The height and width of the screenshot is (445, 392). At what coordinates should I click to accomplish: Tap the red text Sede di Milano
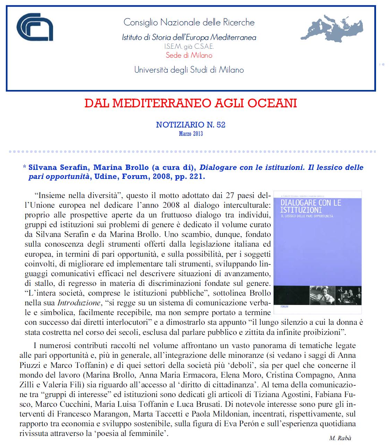pos(189,55)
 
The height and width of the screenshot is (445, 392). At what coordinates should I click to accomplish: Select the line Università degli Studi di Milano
pos(189,70)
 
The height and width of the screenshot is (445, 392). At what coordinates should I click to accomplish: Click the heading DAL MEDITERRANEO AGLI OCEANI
pos(191,103)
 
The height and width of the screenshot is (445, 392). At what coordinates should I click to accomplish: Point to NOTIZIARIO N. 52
pos(191,125)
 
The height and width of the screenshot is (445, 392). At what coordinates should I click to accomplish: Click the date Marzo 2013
pos(191,134)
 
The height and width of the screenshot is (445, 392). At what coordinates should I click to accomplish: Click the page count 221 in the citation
pos(197,176)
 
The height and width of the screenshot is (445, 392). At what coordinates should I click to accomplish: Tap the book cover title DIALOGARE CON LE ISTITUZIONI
pos(310,206)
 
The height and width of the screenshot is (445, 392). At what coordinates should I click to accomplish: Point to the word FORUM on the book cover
pos(284,307)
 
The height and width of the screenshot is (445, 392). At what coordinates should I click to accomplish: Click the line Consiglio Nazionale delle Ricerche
pos(189,23)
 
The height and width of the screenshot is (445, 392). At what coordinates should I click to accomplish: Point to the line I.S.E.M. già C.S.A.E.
pos(189,47)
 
